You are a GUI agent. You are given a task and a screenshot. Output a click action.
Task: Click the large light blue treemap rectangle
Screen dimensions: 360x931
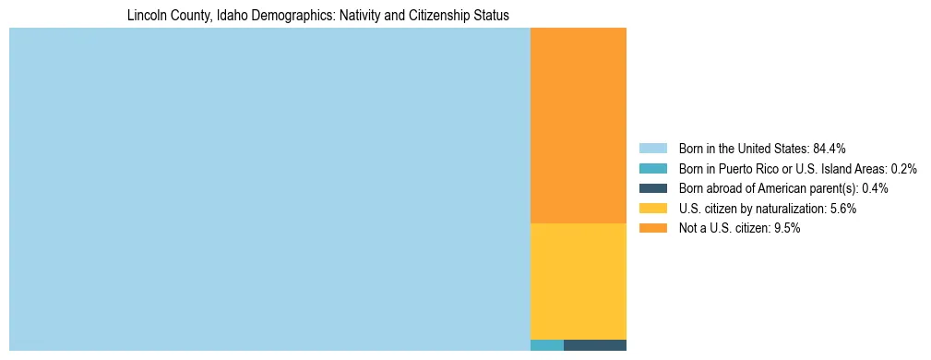(269, 189)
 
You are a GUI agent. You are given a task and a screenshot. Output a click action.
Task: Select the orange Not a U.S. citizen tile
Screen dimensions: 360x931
(579, 126)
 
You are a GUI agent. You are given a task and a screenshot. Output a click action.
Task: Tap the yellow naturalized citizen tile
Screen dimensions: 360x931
(579, 282)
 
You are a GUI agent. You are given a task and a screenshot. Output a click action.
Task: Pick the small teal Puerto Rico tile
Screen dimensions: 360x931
(547, 345)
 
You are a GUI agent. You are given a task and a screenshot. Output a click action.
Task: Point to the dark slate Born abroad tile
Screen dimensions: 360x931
(595, 345)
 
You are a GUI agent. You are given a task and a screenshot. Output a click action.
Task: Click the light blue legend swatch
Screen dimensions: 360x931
(652, 148)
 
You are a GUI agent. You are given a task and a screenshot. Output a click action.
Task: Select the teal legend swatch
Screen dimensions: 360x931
(652, 168)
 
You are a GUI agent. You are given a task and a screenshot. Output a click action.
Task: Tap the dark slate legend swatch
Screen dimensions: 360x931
(652, 188)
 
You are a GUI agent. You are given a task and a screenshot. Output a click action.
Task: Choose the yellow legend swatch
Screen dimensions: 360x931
(652, 209)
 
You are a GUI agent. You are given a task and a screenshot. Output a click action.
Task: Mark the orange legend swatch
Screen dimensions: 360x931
(652, 229)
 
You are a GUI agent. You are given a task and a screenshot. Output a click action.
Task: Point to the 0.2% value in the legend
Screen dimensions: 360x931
(903, 168)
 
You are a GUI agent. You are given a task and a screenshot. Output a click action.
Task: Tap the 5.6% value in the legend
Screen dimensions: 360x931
(842, 209)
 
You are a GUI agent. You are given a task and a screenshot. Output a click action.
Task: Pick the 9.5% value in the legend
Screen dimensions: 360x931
(786, 229)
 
